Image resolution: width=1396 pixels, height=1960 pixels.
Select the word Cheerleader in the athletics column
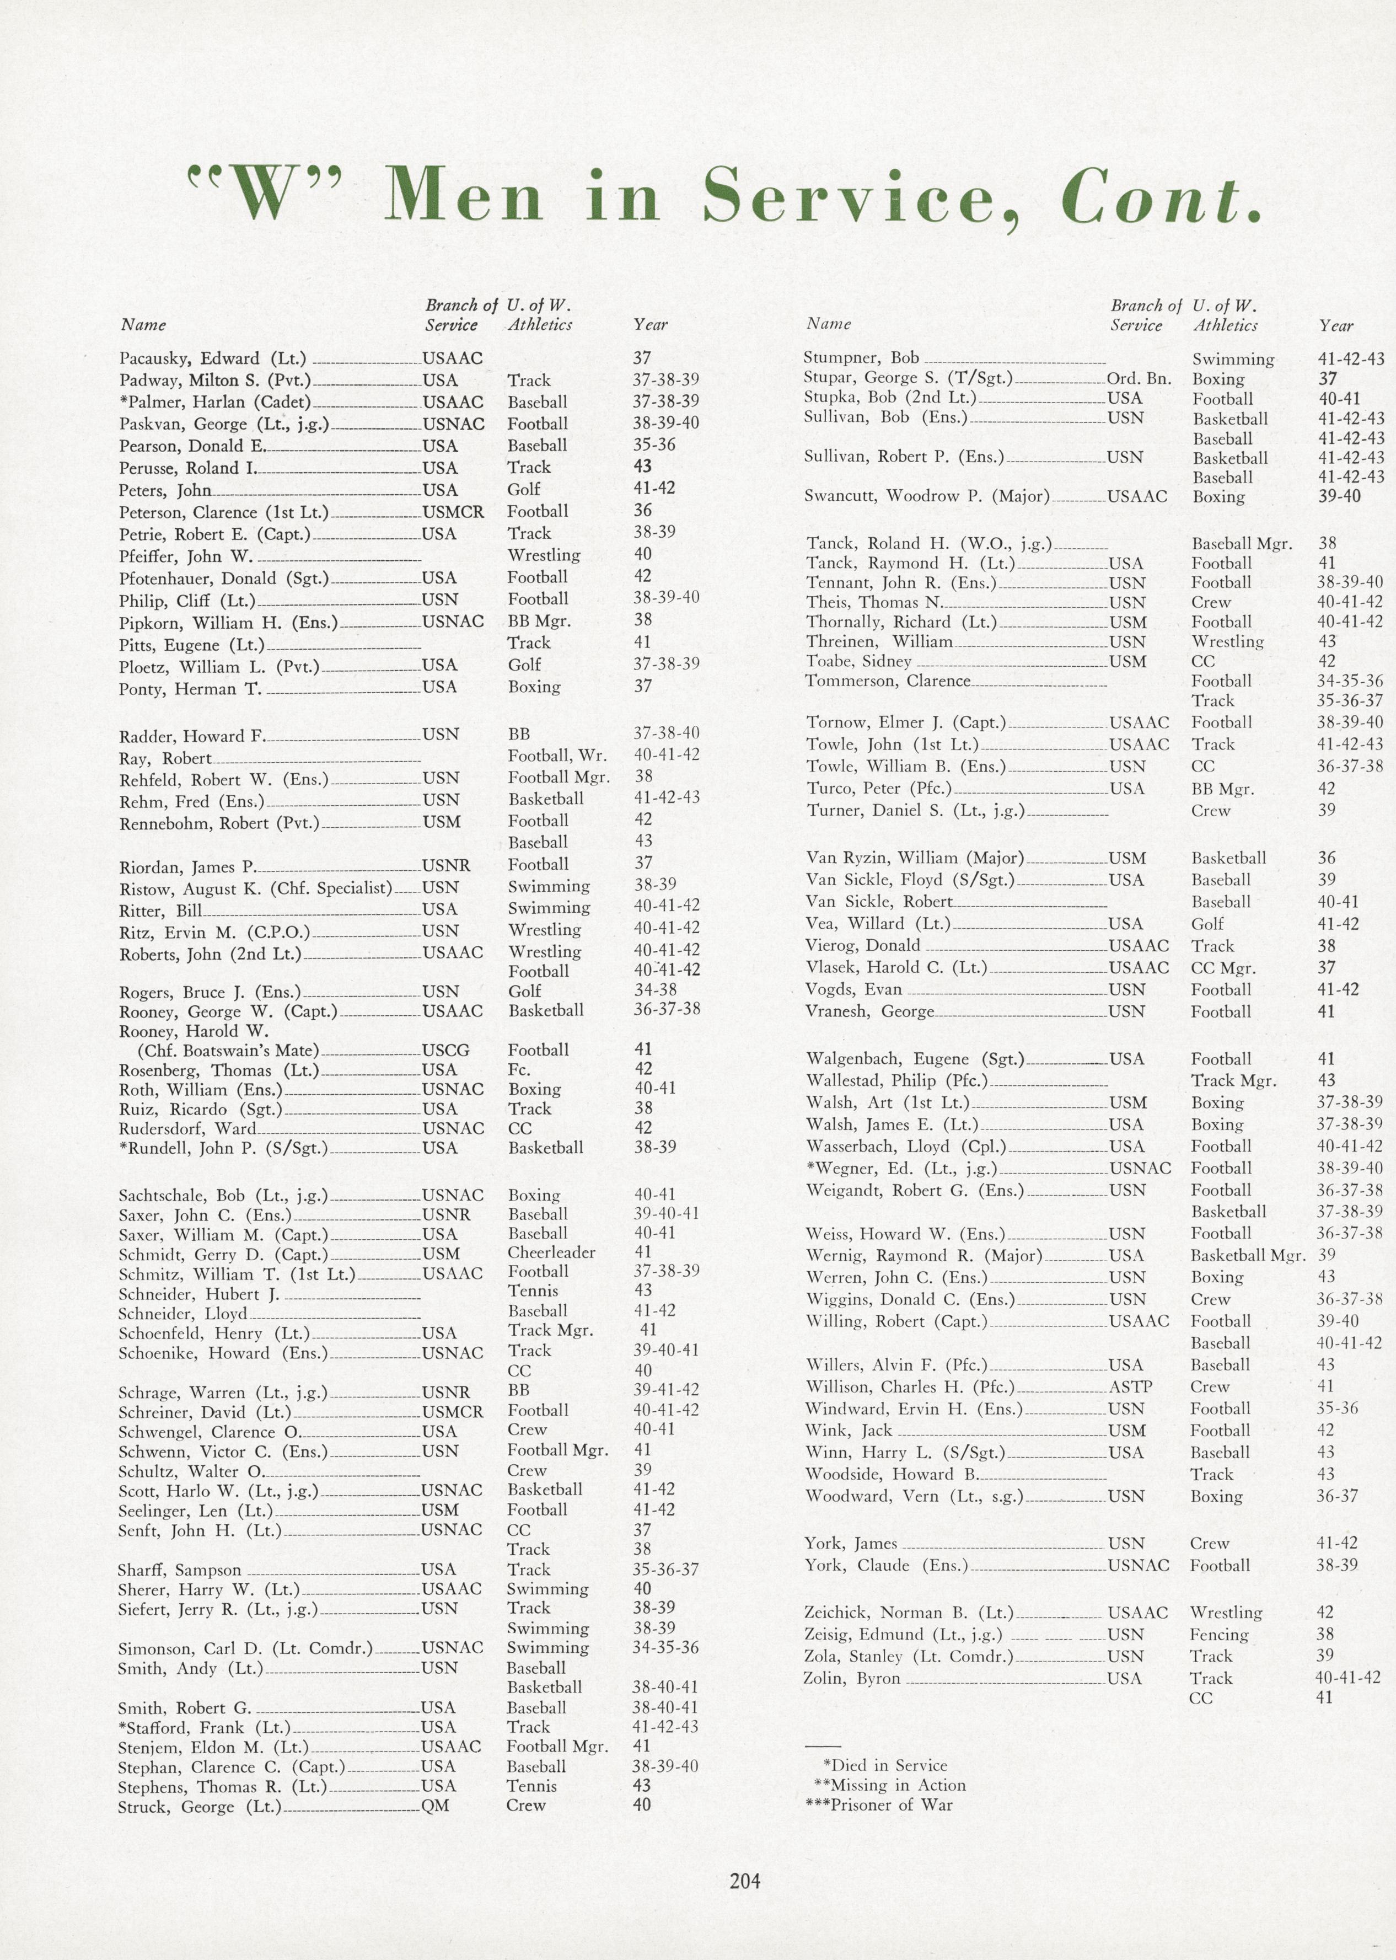click(x=551, y=1252)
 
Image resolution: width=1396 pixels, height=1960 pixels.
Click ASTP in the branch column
click(x=1130, y=1386)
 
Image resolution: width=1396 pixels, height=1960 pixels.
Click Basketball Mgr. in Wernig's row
click(x=1247, y=1255)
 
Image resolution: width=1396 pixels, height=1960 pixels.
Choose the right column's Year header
click(x=1336, y=326)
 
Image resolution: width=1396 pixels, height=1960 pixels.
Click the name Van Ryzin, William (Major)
click(x=915, y=858)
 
